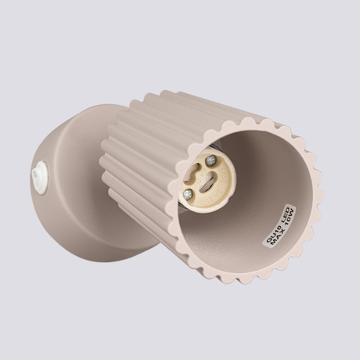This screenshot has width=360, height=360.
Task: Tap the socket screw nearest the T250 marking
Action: coord(211,160)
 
